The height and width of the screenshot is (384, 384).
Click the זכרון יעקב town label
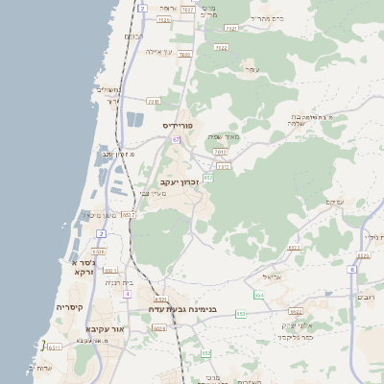(180, 180)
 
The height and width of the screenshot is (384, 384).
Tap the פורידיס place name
(180, 126)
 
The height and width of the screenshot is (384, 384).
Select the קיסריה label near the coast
(69, 307)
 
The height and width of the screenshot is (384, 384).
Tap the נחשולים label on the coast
(108, 89)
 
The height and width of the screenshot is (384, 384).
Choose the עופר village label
(252, 69)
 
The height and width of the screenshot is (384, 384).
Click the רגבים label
(366, 299)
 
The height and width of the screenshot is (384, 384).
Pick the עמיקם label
(335, 202)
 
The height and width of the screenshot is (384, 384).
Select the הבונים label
(133, 36)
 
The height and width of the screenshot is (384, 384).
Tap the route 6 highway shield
(352, 270)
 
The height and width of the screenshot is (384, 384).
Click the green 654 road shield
(258, 295)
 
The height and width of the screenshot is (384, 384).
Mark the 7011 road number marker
(221, 151)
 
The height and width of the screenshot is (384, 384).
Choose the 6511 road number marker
(55, 347)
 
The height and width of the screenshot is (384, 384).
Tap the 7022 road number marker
(222, 46)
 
